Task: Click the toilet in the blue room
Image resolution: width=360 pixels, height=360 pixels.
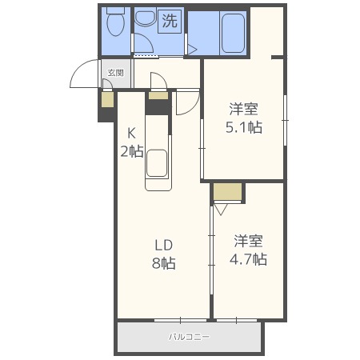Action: click(x=116, y=22)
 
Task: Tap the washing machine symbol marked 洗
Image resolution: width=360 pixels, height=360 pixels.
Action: click(x=170, y=22)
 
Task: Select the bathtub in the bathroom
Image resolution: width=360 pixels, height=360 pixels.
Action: click(x=233, y=33)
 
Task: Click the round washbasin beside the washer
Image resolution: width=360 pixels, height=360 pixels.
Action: click(x=146, y=17)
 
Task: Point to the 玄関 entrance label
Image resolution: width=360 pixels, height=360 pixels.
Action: click(x=116, y=73)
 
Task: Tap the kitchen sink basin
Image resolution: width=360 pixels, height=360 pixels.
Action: click(x=157, y=163)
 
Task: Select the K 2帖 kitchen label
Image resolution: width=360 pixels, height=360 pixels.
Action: click(x=132, y=142)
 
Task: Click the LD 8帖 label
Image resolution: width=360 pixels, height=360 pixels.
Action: click(x=164, y=254)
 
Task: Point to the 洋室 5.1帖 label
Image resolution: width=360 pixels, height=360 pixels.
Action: click(x=244, y=118)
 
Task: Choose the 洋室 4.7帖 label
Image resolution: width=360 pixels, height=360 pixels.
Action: click(x=248, y=250)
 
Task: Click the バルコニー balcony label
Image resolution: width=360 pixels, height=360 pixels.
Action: click(x=189, y=337)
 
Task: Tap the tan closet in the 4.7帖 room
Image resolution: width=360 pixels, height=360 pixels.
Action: click(x=227, y=191)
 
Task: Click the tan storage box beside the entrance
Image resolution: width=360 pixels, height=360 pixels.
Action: click(x=108, y=99)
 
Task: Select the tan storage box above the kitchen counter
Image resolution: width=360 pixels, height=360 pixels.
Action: click(x=158, y=95)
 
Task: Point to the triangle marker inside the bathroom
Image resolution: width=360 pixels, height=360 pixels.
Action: click(x=192, y=50)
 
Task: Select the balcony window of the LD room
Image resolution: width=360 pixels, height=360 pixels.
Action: click(x=181, y=320)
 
